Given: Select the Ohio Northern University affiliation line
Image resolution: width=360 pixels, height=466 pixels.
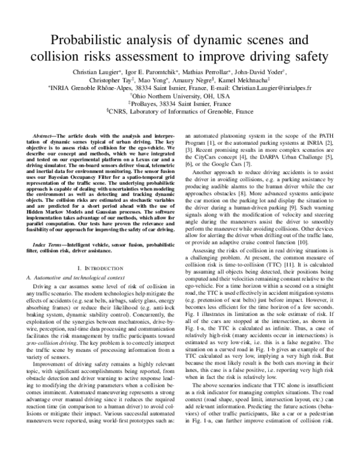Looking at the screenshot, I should point(180,95).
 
